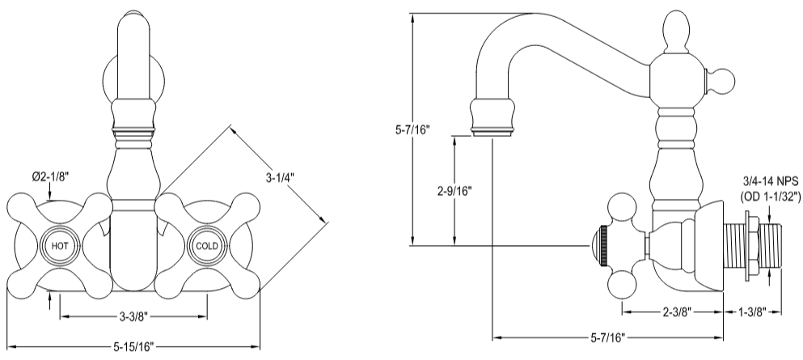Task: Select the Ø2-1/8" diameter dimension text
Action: (x=51, y=176)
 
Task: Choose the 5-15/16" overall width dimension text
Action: (x=133, y=346)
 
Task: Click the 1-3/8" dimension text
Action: (x=752, y=311)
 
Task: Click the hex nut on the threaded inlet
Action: (x=753, y=242)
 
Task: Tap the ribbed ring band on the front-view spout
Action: (x=133, y=129)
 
